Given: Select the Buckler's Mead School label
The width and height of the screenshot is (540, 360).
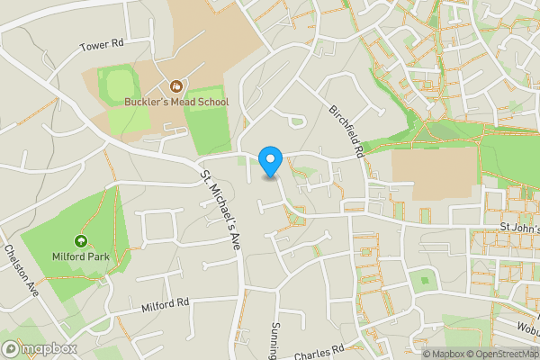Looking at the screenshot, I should [x=177, y=102].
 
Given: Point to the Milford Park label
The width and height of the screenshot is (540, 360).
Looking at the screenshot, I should [x=81, y=256].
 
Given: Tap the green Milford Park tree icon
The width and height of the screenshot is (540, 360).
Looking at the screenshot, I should [x=81, y=241].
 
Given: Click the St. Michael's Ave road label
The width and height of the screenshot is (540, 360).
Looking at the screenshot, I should [x=222, y=209].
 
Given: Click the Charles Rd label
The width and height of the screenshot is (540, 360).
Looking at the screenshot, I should [x=319, y=349].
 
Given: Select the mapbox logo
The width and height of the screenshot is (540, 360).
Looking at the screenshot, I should [x=39, y=348].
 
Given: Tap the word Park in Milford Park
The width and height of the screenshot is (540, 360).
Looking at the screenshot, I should [x=96, y=256].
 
